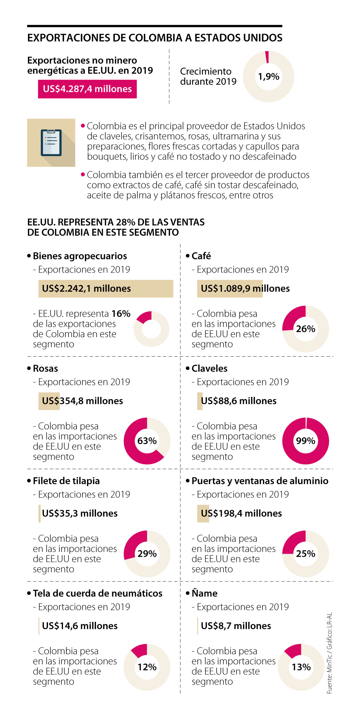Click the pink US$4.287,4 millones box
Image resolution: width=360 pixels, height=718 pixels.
tap(87, 89)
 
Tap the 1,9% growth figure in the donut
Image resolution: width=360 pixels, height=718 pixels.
tap(268, 77)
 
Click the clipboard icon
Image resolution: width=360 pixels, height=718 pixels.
tap(51, 143)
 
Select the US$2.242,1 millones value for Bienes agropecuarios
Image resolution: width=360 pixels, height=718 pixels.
tap(86, 288)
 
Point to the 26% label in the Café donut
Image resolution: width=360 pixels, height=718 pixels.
tap(305, 329)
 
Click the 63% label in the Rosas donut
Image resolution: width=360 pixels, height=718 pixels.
tap(147, 441)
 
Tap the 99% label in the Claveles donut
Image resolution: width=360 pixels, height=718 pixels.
tap(305, 441)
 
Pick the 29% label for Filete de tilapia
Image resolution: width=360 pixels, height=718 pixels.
tap(147, 554)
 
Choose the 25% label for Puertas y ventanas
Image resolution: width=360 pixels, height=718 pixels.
tap(305, 554)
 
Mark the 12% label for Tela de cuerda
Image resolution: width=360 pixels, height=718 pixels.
tap(147, 667)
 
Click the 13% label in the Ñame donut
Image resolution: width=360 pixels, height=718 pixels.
tap(301, 667)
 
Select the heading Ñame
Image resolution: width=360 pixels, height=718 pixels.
tap(205, 593)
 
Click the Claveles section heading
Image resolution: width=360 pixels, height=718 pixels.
tap(209, 368)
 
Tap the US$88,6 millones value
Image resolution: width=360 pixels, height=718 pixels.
tap(238, 401)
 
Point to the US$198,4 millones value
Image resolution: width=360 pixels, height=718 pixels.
tap(241, 513)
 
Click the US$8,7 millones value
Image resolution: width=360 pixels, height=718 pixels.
tap(236, 626)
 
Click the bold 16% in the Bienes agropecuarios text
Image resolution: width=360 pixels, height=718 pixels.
tap(121, 314)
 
